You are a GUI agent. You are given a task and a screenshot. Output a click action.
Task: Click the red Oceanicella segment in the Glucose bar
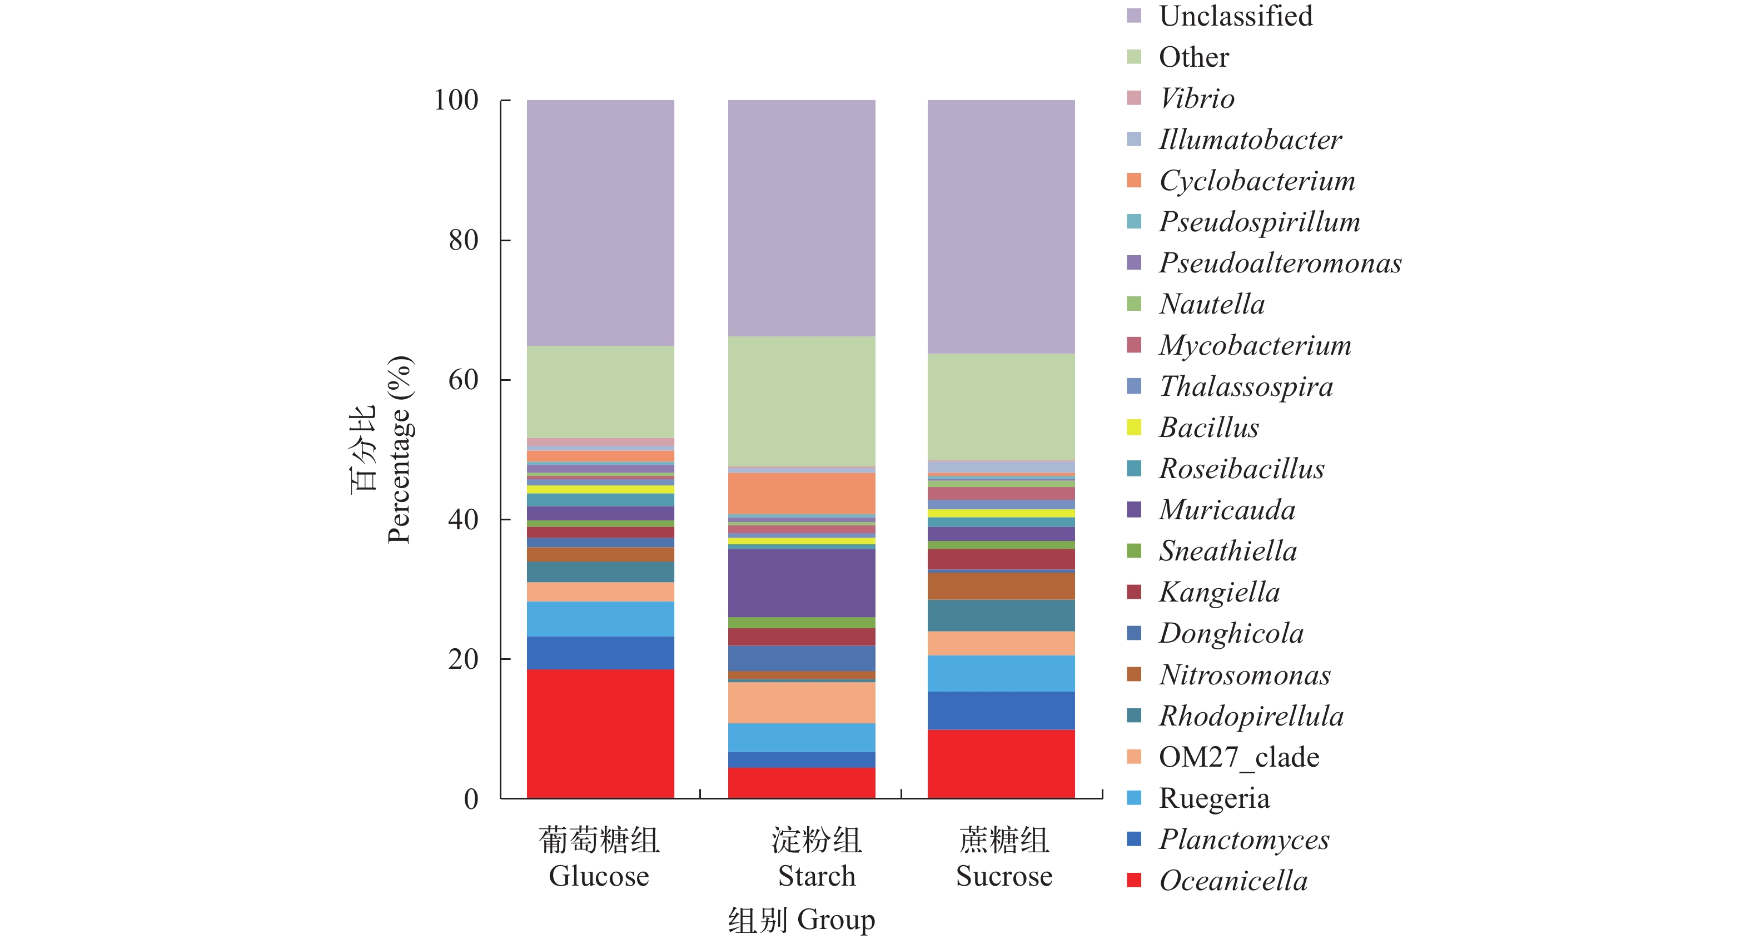coord(600,733)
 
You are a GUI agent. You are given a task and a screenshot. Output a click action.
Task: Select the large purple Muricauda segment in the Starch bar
coord(802,583)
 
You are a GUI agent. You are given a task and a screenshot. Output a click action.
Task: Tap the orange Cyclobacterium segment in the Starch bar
coord(802,493)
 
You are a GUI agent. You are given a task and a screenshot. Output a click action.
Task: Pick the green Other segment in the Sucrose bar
coord(1001,406)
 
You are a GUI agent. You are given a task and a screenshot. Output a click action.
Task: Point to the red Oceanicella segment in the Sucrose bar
coord(1001,763)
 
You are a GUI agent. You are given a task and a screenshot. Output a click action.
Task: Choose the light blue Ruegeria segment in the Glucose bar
coord(600,619)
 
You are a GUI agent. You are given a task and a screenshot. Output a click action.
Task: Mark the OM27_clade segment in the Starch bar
coord(802,702)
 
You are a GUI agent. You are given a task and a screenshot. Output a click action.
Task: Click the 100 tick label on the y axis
coord(456,101)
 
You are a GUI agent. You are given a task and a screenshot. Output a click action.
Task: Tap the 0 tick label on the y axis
coord(471,799)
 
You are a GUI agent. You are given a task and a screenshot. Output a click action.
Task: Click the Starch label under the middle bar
coord(817,876)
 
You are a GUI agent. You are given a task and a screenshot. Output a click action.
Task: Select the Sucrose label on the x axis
coord(1004,876)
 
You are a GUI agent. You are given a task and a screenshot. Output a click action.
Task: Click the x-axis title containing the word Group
coord(802,920)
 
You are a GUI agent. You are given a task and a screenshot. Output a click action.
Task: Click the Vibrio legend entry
coord(1196,98)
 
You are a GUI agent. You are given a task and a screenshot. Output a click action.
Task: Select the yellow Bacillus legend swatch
coord(1134,427)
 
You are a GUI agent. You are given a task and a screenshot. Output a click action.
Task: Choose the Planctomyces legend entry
coord(1244,839)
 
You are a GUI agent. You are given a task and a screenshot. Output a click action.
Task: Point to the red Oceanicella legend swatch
coord(1134,880)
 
